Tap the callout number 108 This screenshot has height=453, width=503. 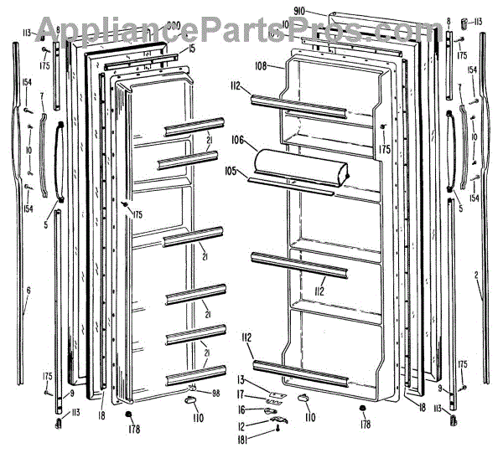(261, 64)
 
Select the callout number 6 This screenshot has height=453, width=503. (28, 290)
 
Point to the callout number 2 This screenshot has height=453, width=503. (477, 274)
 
